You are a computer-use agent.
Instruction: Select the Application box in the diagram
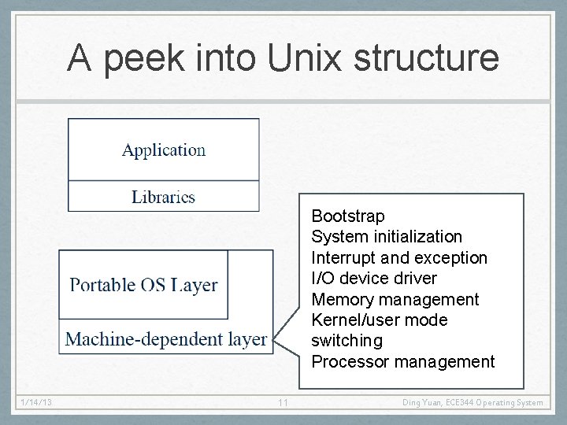point(164,150)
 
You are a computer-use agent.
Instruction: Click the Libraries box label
point(163,197)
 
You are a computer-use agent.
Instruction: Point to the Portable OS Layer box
point(143,285)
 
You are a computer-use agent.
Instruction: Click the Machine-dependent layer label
point(166,339)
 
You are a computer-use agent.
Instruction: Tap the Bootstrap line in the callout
point(348,216)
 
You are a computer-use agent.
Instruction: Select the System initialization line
point(387,237)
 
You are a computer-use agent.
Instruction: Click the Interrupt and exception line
point(399,258)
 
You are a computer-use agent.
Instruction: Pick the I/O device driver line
point(374,279)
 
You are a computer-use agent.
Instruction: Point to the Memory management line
point(395,300)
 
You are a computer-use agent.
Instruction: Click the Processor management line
point(403,362)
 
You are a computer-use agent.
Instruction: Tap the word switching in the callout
point(346,341)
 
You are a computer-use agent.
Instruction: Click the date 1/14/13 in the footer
point(37,403)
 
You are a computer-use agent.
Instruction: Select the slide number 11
point(283,403)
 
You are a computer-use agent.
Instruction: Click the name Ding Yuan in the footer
point(422,403)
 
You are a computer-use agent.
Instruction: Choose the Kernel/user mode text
point(380,320)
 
